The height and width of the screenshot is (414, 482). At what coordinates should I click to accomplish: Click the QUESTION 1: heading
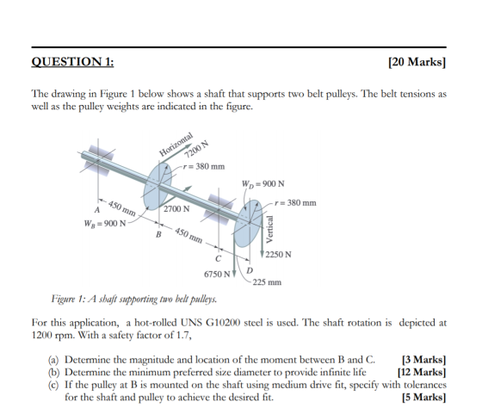click(72, 62)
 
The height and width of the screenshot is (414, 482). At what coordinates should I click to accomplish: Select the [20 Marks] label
click(417, 62)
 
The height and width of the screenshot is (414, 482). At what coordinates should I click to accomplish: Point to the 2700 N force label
click(176, 209)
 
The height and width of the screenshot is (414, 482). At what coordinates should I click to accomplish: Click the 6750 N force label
click(217, 274)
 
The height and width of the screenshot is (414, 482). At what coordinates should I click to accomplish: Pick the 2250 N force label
click(279, 255)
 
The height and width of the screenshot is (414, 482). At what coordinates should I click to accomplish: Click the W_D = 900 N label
click(263, 184)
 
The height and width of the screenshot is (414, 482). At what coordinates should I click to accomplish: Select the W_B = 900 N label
click(105, 224)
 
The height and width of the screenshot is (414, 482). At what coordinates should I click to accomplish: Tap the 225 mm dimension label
click(267, 282)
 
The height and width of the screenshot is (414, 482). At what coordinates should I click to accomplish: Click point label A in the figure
click(97, 210)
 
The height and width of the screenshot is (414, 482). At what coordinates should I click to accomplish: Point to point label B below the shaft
click(158, 234)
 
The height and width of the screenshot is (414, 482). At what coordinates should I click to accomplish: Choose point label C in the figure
click(218, 259)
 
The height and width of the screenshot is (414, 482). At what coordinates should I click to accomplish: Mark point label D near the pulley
click(250, 270)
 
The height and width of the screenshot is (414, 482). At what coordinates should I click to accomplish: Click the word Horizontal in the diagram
click(176, 144)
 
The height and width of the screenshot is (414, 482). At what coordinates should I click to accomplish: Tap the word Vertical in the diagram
click(269, 229)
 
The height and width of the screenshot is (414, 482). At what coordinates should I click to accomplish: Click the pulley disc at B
click(158, 187)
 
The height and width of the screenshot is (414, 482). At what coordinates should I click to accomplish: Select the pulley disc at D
click(248, 223)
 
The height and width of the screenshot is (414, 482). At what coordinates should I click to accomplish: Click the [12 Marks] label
click(422, 372)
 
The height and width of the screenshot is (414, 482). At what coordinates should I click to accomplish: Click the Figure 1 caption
click(134, 299)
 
